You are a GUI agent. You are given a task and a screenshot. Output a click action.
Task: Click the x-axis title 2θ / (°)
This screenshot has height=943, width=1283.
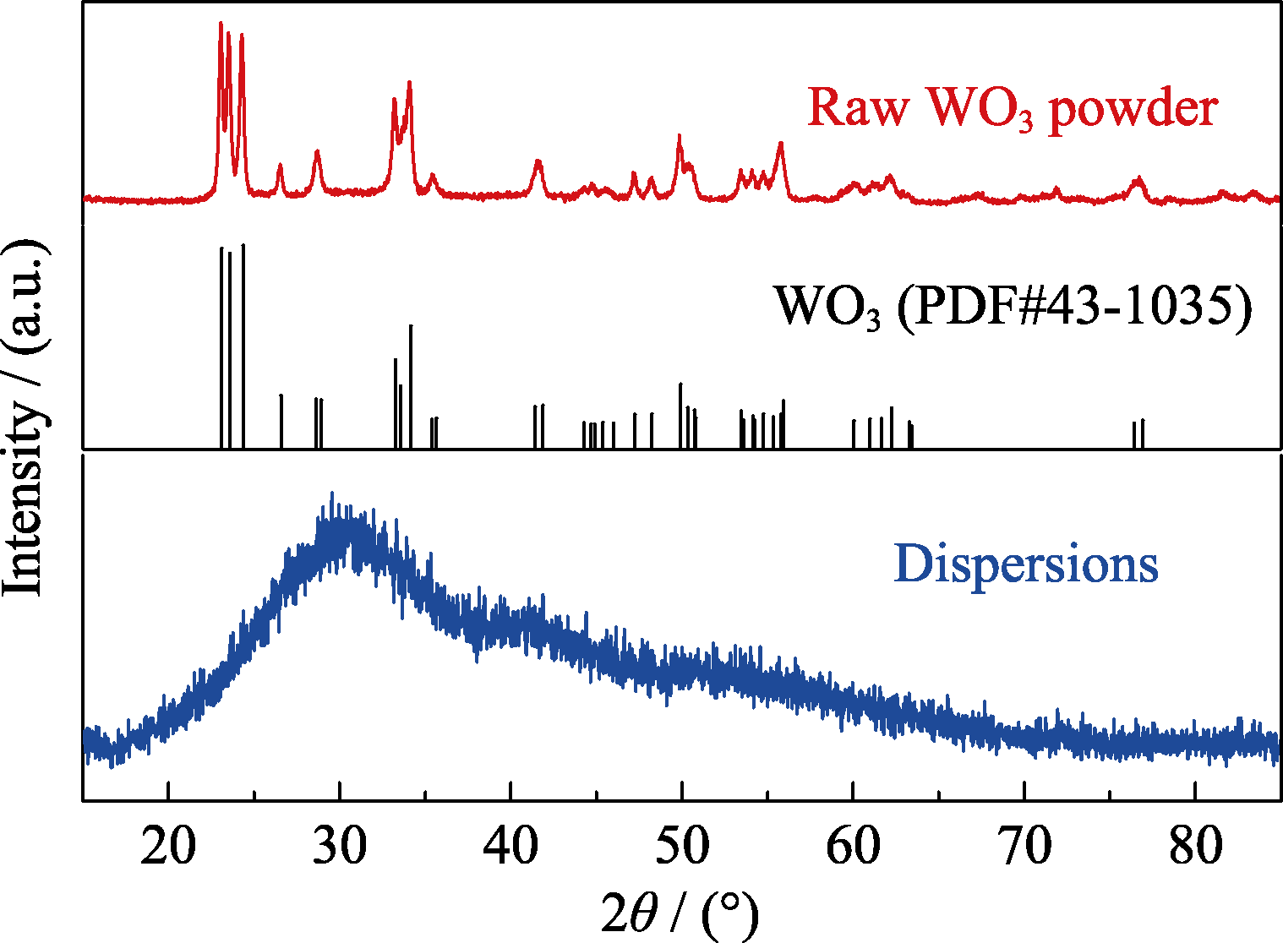click(x=680, y=913)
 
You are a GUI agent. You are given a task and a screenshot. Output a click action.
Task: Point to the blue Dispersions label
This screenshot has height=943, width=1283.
click(x=1025, y=564)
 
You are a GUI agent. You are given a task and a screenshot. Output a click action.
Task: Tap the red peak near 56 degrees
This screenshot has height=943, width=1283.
click(x=781, y=144)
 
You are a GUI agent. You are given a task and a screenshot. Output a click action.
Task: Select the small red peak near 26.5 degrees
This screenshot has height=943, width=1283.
click(x=281, y=166)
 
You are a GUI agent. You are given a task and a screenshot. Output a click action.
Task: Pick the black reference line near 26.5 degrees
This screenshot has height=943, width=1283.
click(x=281, y=420)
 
